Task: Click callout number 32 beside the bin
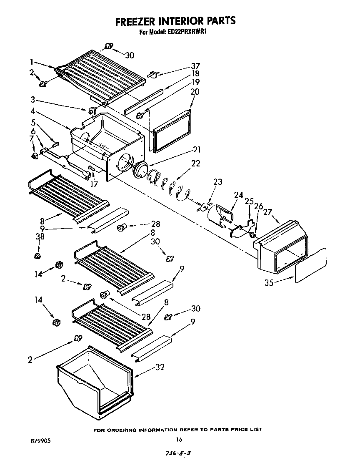pos(160,367)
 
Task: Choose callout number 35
pos(269,283)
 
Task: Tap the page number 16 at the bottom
pos(179,439)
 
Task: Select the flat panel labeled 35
pos(310,266)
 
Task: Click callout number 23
pos(217,182)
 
